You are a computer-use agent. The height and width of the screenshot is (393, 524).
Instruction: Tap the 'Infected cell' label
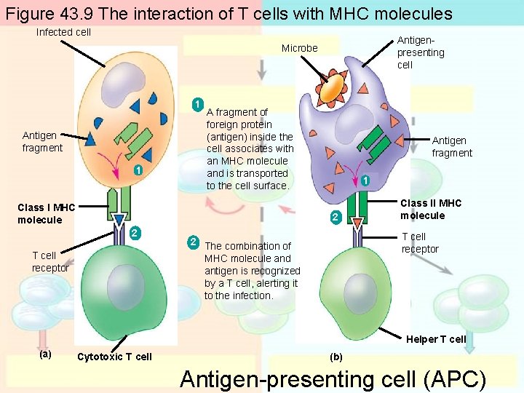63,32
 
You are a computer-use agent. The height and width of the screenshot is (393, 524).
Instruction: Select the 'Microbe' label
300,48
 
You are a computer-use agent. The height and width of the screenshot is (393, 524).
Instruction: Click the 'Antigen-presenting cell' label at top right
420,52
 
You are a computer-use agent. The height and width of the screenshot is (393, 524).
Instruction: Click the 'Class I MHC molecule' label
46,214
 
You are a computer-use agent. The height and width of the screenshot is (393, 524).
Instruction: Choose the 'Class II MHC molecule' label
431,209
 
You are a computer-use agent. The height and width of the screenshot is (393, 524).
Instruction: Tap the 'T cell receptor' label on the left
50,261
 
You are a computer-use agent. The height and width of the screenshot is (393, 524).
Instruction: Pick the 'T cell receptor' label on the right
420,243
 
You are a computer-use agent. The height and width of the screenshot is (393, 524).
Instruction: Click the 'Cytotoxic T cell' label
114,357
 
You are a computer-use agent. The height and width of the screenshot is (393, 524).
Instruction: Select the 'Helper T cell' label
435,339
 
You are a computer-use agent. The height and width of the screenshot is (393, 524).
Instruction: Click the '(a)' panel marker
45,354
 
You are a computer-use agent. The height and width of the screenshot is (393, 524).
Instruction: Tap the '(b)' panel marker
336,357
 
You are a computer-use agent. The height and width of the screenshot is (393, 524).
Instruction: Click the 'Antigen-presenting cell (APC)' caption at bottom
332,379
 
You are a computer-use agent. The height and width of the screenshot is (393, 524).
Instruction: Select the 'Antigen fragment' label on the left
42,142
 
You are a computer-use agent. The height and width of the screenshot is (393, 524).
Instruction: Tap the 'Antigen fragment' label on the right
451,147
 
